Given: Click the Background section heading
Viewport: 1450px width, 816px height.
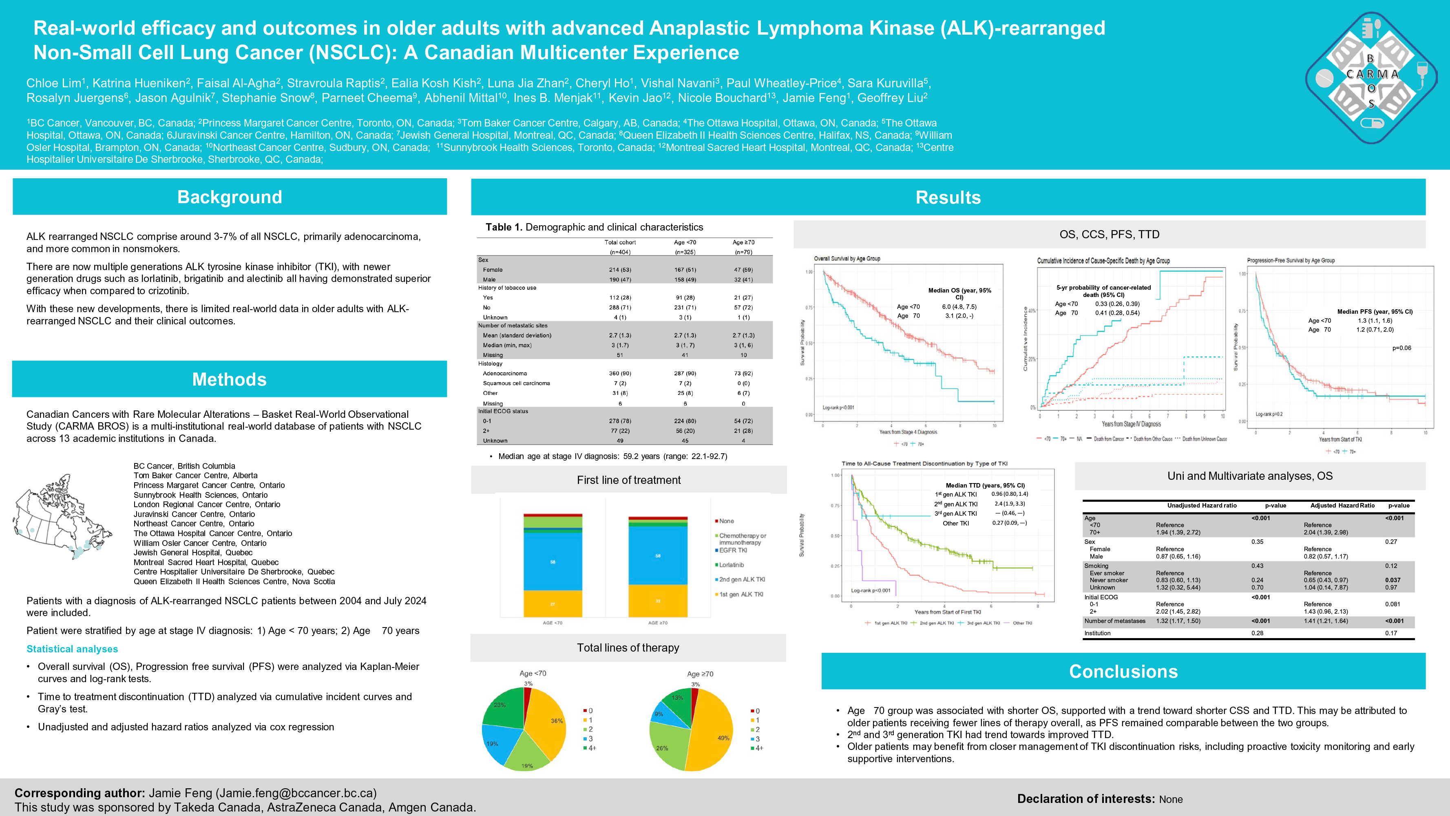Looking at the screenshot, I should tap(229, 197).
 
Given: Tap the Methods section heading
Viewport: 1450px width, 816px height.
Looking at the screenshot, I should tap(229, 379).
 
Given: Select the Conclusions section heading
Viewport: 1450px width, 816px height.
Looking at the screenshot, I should tap(1123, 671).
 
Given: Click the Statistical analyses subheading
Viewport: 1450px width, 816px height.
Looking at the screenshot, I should tap(72, 649).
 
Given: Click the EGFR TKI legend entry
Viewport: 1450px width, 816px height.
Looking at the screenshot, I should tap(733, 550).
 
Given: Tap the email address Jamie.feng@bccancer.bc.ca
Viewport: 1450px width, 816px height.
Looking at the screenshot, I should tap(296, 793).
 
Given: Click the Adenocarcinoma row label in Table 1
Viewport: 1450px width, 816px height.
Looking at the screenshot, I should tap(505, 373).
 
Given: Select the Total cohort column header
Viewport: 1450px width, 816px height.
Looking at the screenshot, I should tap(620, 242).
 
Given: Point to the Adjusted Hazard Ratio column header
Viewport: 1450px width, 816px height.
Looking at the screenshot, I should tap(1342, 505).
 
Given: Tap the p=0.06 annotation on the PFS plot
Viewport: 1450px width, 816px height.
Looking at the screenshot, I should tap(1401, 348).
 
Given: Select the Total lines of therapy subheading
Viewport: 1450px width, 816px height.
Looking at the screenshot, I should tap(628, 647).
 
